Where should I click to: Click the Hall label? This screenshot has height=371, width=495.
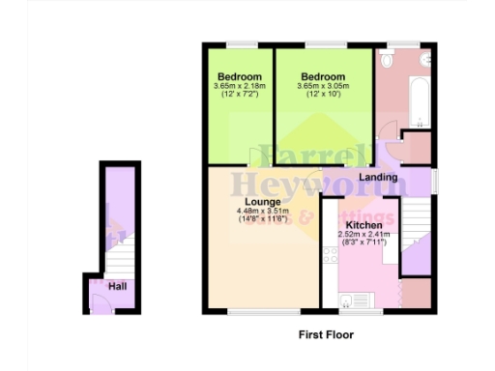click(x=118, y=286)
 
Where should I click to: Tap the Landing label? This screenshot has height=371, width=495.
click(x=378, y=178)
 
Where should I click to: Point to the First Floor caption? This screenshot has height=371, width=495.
click(x=325, y=335)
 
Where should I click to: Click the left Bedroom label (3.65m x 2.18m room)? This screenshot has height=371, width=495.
click(x=239, y=77)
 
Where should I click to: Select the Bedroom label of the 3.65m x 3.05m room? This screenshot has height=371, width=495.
click(x=322, y=77)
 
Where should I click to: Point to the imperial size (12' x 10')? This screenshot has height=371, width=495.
click(x=322, y=96)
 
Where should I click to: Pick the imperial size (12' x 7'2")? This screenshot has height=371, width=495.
click(x=239, y=96)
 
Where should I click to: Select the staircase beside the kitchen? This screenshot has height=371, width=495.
click(x=416, y=232)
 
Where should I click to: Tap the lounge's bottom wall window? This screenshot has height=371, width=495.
click(x=262, y=313)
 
